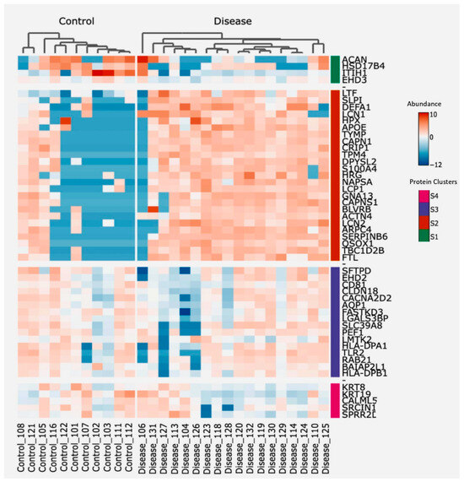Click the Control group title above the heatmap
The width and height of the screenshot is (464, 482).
[x=76, y=19]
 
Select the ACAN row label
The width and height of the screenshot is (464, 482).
[x=355, y=58]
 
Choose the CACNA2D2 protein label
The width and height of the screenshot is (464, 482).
[x=366, y=298]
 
